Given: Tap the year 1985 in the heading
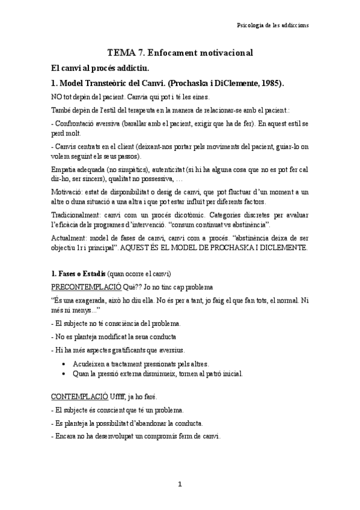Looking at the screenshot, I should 269,83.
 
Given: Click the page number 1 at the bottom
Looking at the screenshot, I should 180,484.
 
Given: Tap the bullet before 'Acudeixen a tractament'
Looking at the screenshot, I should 64,363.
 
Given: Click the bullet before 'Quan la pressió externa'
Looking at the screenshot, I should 64,373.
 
